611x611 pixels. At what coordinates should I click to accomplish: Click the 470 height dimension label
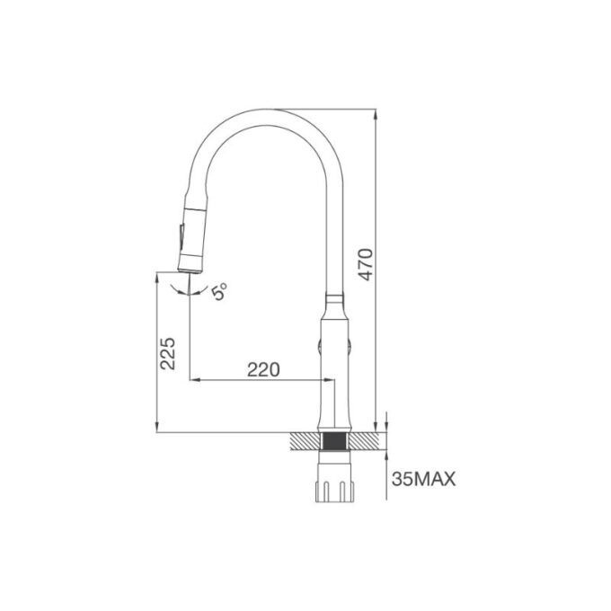tap(366, 264)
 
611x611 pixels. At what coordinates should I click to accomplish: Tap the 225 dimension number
tap(168, 353)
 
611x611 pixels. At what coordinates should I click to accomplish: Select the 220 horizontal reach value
tap(263, 369)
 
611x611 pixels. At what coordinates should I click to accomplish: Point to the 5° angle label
tap(219, 291)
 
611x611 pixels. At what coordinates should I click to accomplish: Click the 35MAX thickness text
tap(423, 479)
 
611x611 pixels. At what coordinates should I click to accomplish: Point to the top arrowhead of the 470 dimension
tap(376, 113)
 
